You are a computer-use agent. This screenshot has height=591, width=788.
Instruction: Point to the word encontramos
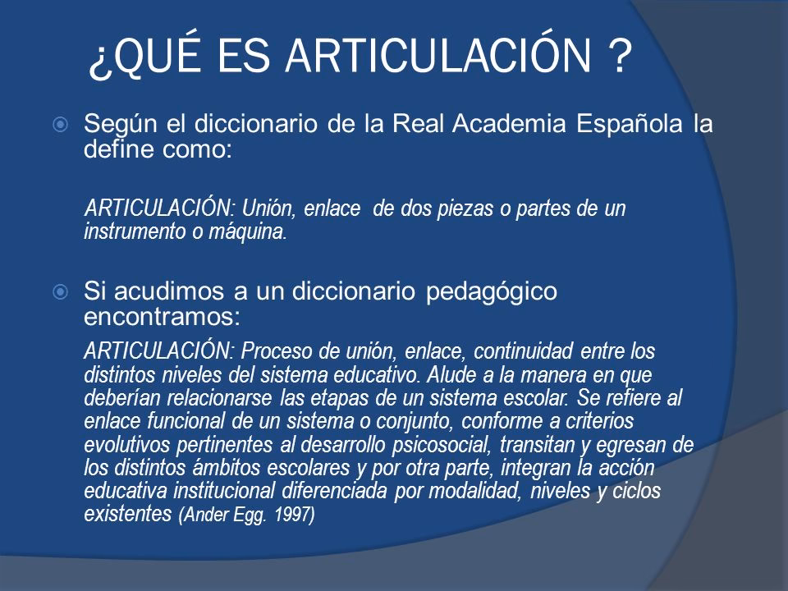point(152,314)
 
